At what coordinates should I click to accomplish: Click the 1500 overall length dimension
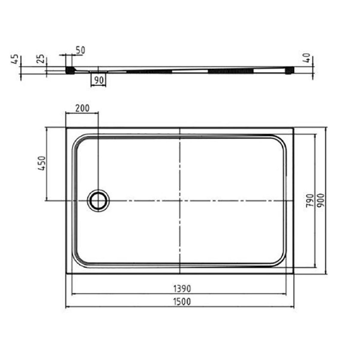point(182,302)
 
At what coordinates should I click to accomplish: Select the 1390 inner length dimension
point(182,289)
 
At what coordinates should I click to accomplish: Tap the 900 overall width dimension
point(321,200)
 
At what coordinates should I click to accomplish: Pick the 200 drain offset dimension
point(82,108)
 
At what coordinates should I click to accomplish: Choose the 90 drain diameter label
point(99,80)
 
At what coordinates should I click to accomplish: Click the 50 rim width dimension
point(80,50)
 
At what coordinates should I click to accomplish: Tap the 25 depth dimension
point(41,59)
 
